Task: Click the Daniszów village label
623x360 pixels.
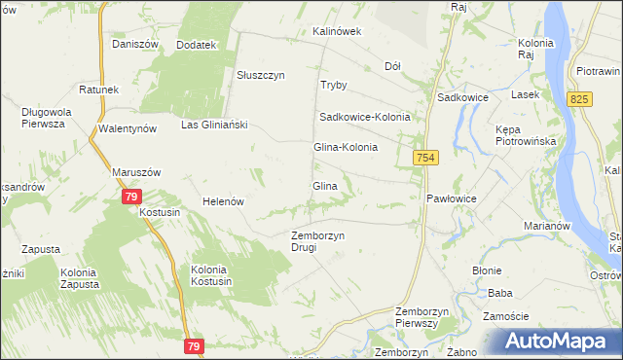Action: pyautogui.click(x=134, y=44)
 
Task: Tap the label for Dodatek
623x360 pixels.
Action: pyautogui.click(x=196, y=45)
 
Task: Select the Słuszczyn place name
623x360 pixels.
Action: pyautogui.click(x=261, y=75)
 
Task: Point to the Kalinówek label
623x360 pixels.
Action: pyautogui.click(x=337, y=31)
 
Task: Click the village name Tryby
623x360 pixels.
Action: pyautogui.click(x=334, y=85)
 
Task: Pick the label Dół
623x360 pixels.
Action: pyautogui.click(x=393, y=66)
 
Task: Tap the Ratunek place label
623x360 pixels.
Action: pyautogui.click(x=99, y=90)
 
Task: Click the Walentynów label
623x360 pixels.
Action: pyautogui.click(x=128, y=128)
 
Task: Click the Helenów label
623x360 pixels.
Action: pyautogui.click(x=222, y=201)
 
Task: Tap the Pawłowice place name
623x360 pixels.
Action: pyautogui.click(x=452, y=198)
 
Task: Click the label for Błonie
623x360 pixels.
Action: pyautogui.click(x=487, y=270)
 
